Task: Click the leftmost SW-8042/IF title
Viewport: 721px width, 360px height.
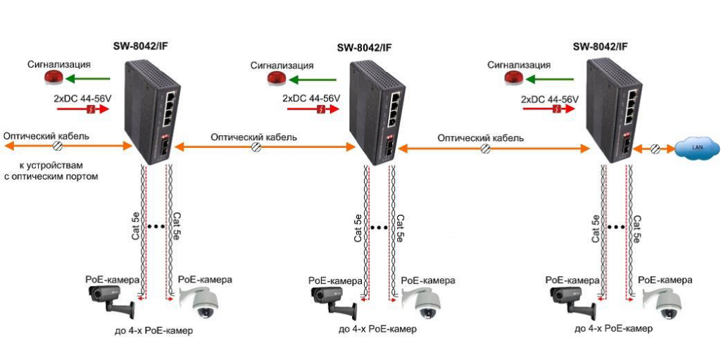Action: pos(141,46)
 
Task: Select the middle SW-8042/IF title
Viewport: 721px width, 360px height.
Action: pos(364,48)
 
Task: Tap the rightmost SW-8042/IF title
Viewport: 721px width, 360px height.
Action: pos(601,46)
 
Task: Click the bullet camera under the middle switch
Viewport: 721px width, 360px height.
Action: pos(334,302)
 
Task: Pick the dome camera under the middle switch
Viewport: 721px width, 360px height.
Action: pos(427,304)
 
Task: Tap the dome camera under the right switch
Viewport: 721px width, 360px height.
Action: pos(663,304)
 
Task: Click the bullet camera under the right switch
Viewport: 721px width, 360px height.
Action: pos(570,302)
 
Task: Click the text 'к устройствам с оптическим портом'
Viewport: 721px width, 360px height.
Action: pos(51,170)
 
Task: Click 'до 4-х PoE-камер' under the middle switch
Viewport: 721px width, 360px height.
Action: pos(377,329)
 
